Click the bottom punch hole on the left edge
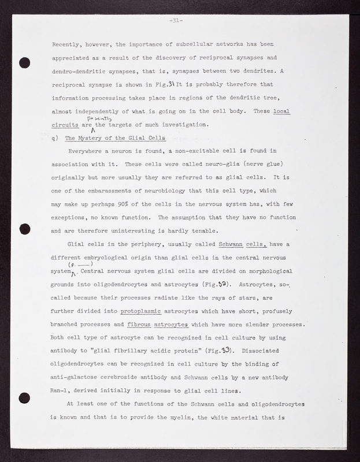pos(24,398)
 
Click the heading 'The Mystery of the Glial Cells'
pos(116,138)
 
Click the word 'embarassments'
pos(103,192)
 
